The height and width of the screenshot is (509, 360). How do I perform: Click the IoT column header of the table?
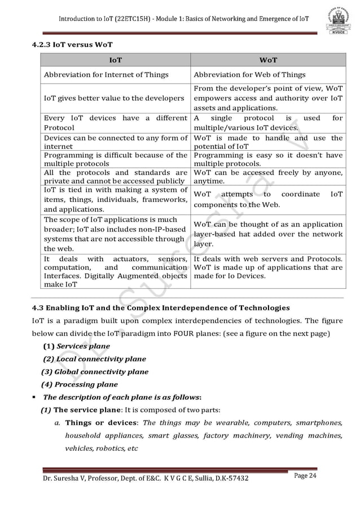(x=115, y=59)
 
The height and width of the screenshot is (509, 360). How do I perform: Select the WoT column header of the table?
(x=267, y=59)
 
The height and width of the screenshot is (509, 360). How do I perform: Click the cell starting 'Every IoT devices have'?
(x=115, y=122)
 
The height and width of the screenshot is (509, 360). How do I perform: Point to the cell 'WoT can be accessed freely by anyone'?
(x=267, y=177)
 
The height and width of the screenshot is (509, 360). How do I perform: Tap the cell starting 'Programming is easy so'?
(x=267, y=159)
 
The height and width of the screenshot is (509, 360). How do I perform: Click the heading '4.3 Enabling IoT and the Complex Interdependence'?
(x=160, y=308)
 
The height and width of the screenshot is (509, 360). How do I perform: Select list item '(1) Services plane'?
(x=77, y=346)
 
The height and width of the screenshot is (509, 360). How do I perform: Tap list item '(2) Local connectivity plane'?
(x=95, y=359)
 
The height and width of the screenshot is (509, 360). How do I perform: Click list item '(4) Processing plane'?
(x=79, y=385)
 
